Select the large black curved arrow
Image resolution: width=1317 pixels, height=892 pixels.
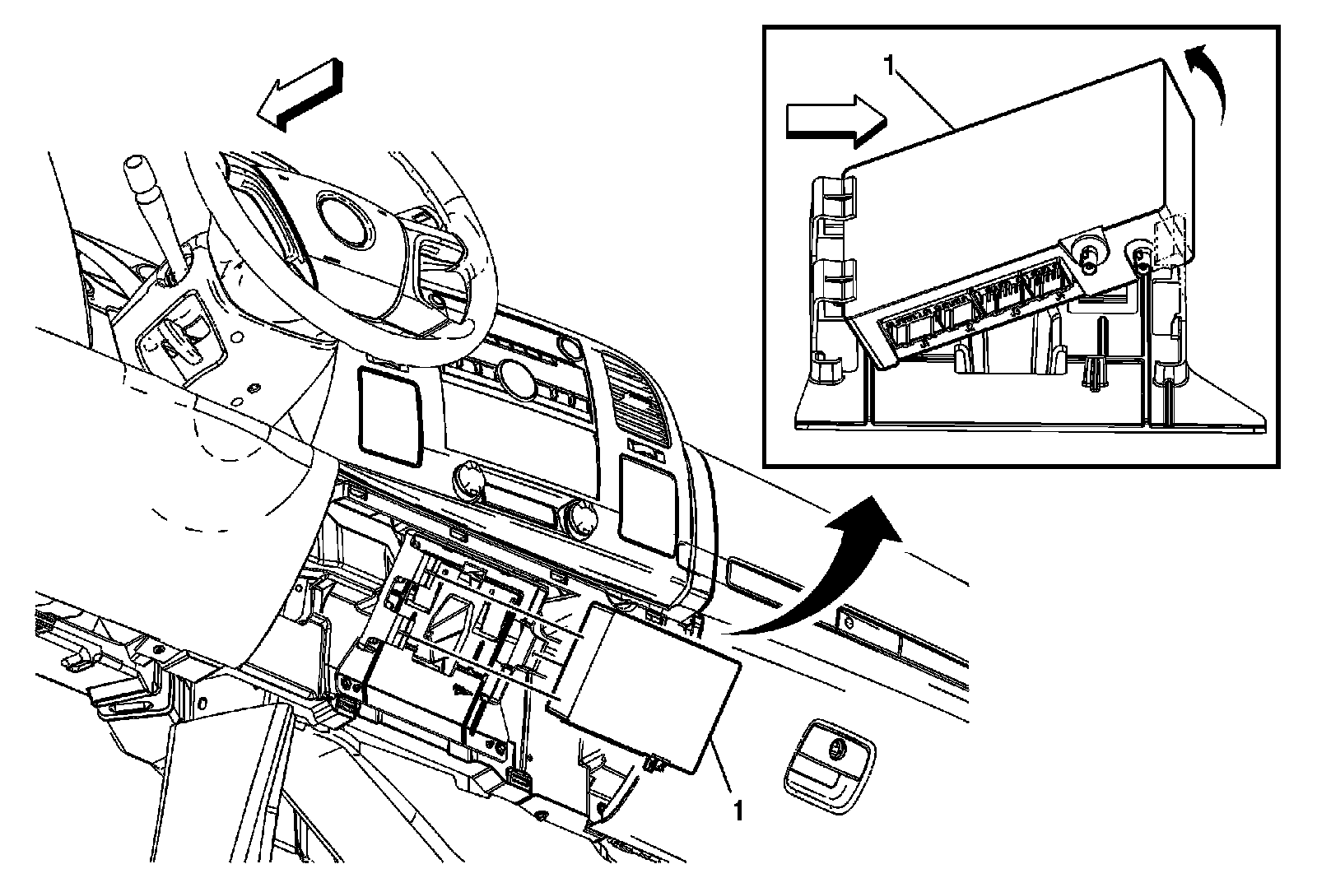click(x=831, y=576)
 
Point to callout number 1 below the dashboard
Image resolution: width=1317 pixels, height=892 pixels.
click(x=738, y=811)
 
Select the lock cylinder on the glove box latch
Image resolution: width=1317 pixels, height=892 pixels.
click(x=839, y=748)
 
